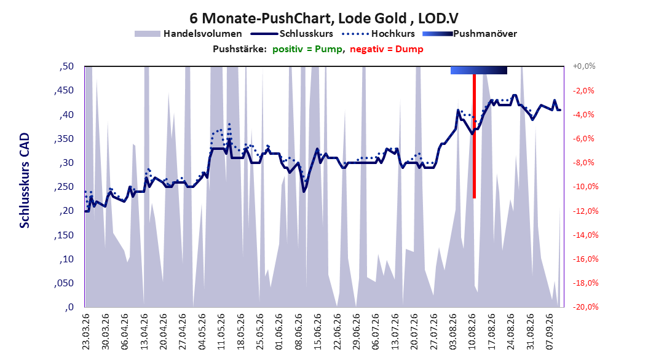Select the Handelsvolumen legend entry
pyautogui.click(x=188, y=34)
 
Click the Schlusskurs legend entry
pyautogui.click(x=292, y=34)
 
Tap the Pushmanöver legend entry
pyautogui.click(x=470, y=34)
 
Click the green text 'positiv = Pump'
pyautogui.click(x=307, y=49)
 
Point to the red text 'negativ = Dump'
pyautogui.click(x=387, y=49)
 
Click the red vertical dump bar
pyautogui.click(x=475, y=136)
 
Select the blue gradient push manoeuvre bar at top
pyautogui.click(x=478, y=70)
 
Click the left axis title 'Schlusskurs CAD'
pyautogui.click(x=25, y=181)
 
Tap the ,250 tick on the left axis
pyautogui.click(x=64, y=187)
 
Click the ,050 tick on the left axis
pyautogui.click(x=64, y=283)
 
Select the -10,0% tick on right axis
pyautogui.click(x=585, y=187)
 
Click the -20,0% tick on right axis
pyautogui.click(x=585, y=307)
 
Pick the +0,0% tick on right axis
pyautogui.click(x=584, y=66)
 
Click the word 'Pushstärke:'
pyautogui.click(x=240, y=49)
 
